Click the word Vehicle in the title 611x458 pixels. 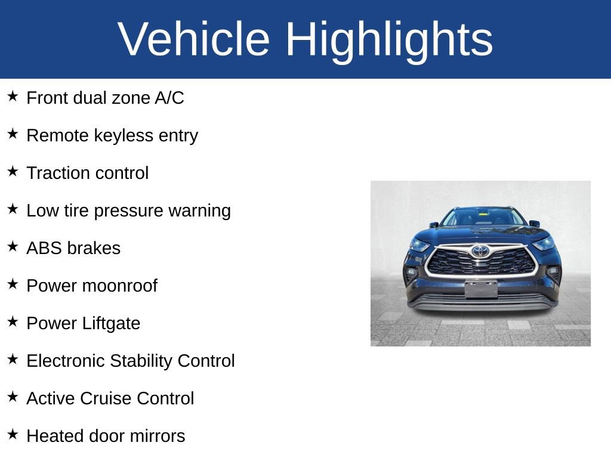194,39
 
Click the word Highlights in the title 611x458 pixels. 389,39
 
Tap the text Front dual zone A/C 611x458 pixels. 105,98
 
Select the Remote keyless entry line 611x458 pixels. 112,135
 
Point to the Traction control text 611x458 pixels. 88,173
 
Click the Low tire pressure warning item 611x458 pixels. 128,211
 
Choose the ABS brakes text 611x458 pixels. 73,248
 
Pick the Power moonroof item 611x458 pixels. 92,286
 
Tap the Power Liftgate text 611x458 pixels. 84,323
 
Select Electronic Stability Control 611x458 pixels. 131,361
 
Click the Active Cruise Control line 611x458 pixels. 110,398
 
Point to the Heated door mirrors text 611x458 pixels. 106,436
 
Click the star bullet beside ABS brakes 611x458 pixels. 13,246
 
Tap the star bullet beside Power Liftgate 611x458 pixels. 13,321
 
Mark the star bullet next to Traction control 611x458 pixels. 13,171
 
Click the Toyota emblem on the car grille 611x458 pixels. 480,251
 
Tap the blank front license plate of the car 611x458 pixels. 481,289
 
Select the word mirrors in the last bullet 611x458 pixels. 159,436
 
